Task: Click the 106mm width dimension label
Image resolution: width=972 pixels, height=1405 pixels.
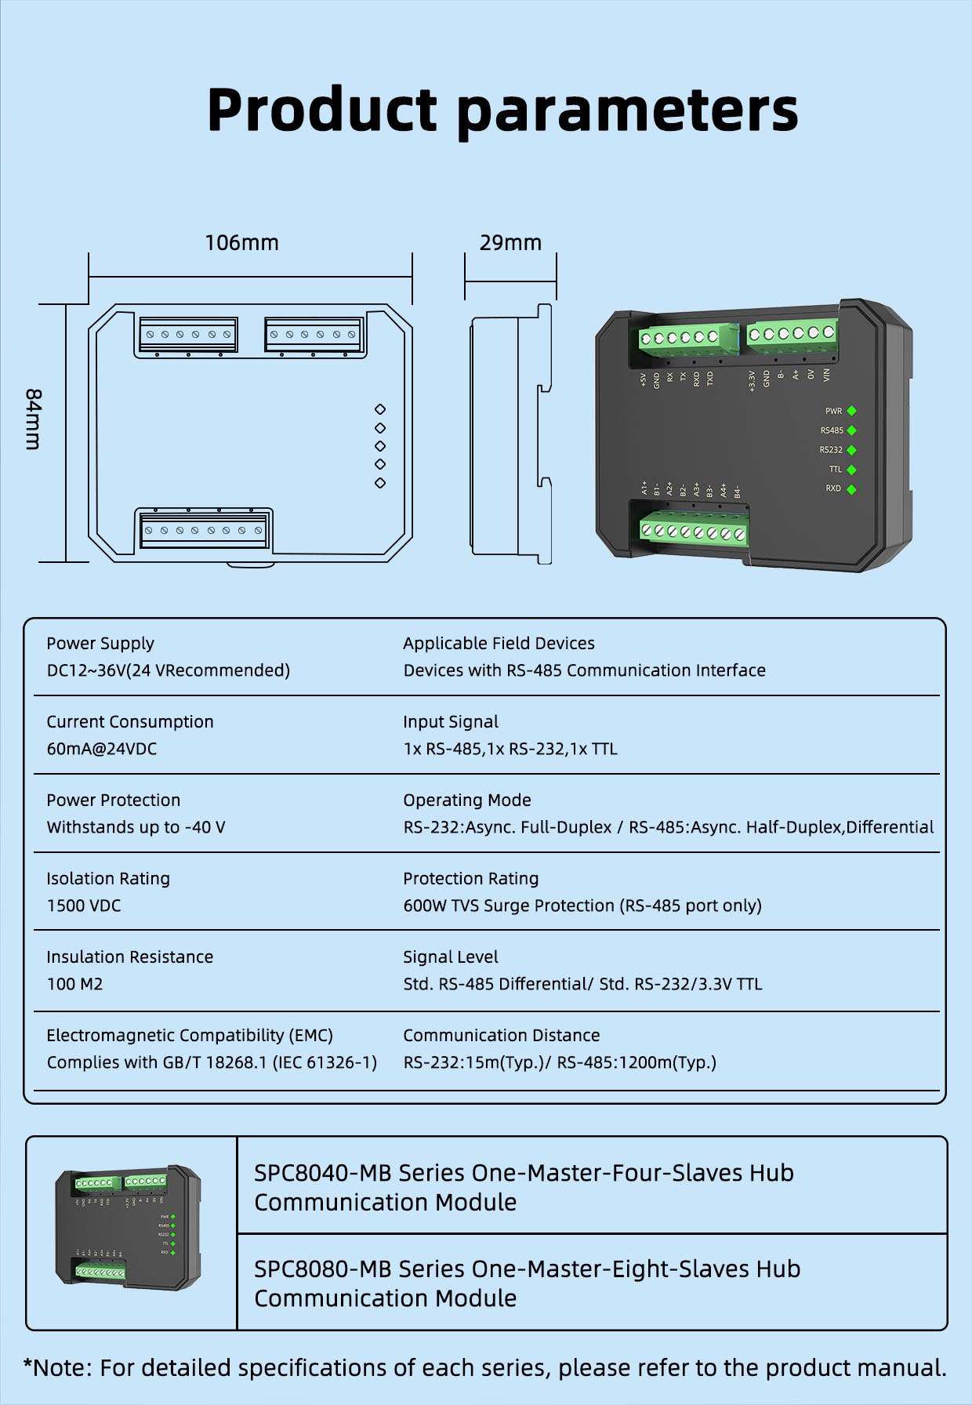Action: coord(241,243)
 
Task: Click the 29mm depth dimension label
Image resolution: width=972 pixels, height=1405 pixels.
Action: coord(510,243)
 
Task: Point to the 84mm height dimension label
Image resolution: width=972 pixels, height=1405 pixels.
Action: coord(33,419)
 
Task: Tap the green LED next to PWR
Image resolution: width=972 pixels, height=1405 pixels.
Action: coord(851,411)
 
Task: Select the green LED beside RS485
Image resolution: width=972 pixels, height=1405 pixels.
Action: coord(851,430)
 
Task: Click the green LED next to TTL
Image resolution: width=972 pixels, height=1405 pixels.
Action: coord(851,470)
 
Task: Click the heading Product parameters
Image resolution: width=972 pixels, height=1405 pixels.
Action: coord(502,110)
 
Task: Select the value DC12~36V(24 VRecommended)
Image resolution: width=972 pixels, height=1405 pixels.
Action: coord(168,670)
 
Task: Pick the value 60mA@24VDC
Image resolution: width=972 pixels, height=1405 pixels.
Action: coord(102,749)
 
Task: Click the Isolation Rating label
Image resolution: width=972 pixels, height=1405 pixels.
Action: coord(108,878)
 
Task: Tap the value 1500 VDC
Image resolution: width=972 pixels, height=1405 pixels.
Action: coord(84,906)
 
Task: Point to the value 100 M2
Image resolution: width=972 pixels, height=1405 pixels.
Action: coord(74,984)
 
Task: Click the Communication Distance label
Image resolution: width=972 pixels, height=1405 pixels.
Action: coord(501,1035)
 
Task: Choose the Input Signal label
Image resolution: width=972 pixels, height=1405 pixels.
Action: coord(451,721)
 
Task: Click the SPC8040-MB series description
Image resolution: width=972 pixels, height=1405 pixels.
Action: coord(524,1187)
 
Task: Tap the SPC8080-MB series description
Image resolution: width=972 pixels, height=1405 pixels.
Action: coord(527,1283)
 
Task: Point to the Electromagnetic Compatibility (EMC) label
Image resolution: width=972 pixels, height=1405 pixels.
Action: coord(190,1035)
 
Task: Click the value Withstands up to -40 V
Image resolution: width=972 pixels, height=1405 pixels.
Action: coord(136,827)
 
